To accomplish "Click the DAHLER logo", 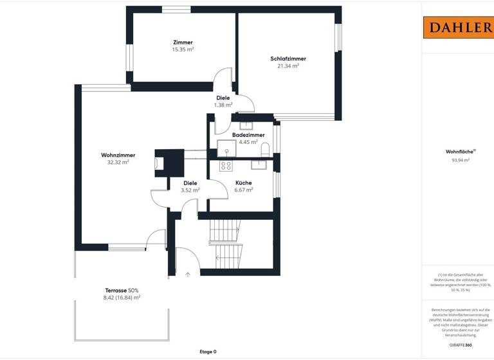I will (458, 27).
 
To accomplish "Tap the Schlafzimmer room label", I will (288, 59).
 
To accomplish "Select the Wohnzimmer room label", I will (118, 155).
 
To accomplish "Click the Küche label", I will (244, 183).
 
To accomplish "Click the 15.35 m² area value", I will (183, 50).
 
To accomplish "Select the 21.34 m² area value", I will (288, 66).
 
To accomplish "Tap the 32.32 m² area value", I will (118, 163).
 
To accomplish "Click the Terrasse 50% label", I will (122, 291).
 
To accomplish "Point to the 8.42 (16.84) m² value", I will (122, 298).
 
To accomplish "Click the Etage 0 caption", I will (207, 352).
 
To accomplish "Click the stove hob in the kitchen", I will (226, 165).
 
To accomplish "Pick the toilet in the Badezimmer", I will (266, 150).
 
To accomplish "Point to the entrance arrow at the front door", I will (188, 274).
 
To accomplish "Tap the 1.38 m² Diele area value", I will (223, 105).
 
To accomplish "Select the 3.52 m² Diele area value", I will (190, 190).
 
